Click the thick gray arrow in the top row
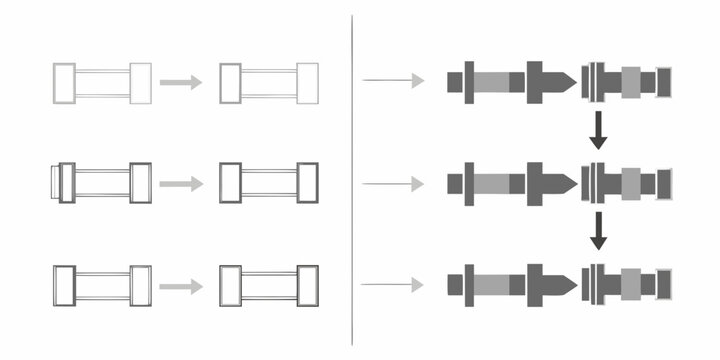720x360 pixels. tap(181, 82)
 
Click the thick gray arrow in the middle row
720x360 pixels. tap(181, 183)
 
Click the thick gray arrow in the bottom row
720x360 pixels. tap(181, 286)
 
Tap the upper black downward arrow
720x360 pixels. tap(598, 131)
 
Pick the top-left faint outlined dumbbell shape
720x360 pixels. tap(102, 83)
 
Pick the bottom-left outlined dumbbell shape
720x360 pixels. tap(102, 285)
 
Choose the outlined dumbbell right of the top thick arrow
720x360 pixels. tap(269, 83)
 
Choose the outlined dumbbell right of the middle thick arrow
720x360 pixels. tap(269, 183)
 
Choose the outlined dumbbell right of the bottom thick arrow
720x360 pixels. tap(269, 285)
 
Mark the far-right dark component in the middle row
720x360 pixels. tap(663, 182)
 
